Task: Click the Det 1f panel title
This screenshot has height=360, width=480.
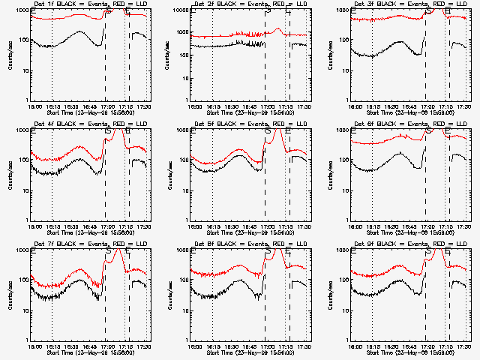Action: pyautogui.click(x=85, y=4)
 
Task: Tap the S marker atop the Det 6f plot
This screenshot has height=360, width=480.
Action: pyautogui.click(x=428, y=131)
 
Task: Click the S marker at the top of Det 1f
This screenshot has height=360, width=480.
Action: pyautogui.click(x=108, y=11)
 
